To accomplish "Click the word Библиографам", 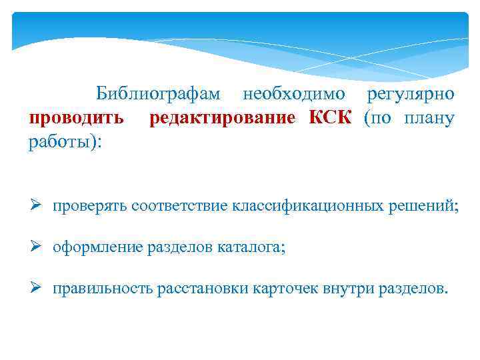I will point(160,94).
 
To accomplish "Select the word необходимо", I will point(294,94).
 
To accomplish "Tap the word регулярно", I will point(411,94).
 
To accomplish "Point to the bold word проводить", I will point(76,119).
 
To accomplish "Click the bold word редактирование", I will point(222,119).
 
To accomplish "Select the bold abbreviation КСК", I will point(329,119).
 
